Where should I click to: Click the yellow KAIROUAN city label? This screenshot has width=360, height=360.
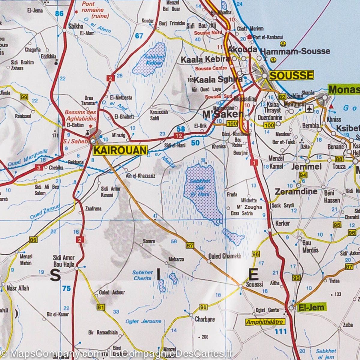point(120,150)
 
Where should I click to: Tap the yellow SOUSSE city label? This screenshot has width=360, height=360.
point(291,75)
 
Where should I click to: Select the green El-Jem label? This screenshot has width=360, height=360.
point(311,307)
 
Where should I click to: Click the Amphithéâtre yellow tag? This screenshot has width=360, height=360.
point(264,322)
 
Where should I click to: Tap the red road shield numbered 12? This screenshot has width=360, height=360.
point(179,136)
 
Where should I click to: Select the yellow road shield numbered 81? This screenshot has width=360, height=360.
point(100,307)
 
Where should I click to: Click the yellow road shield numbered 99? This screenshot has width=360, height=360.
point(24,97)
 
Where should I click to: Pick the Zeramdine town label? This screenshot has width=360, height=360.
point(296,191)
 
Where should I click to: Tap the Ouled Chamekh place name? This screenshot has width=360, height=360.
point(225,256)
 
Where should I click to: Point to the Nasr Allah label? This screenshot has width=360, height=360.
point(18,288)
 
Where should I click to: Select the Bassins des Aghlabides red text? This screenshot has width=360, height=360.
point(80,115)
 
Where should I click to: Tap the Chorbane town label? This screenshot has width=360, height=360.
point(205,319)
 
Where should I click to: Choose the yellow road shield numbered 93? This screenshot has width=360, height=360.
point(297,277)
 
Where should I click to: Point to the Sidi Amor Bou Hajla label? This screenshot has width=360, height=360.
point(64,260)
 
